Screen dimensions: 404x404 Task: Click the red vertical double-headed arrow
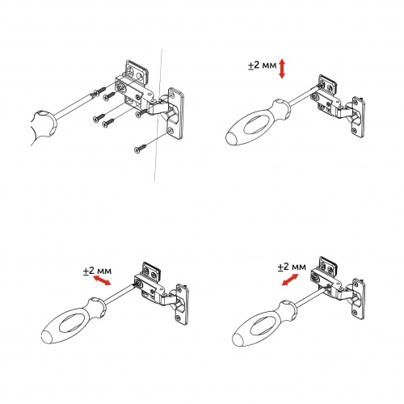pyautogui.click(x=282, y=69)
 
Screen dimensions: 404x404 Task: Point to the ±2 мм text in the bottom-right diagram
pyautogui.click(x=291, y=266)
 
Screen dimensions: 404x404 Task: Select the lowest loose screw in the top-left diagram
pyautogui.click(x=140, y=148)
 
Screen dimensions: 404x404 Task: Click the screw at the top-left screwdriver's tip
pyautogui.click(x=99, y=90)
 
